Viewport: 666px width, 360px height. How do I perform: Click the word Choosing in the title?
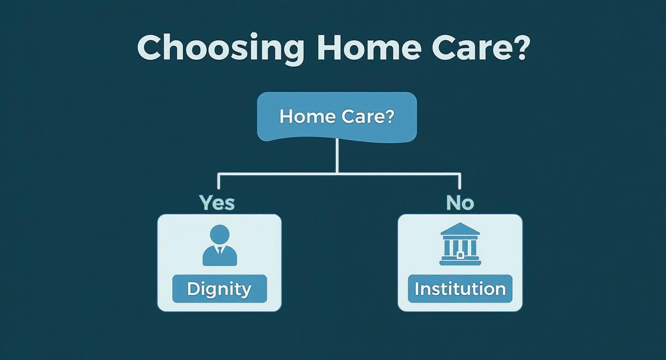tap(221, 48)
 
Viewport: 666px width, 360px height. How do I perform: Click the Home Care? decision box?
tap(337, 117)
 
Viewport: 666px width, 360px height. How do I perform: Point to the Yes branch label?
tap(217, 203)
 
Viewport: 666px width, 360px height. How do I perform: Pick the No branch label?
tap(460, 203)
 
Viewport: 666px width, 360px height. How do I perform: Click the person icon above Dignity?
tap(220, 245)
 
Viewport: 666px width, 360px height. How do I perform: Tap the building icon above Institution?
tap(460, 244)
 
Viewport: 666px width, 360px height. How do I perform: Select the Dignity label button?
tap(219, 289)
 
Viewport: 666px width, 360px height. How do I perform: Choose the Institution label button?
tap(460, 289)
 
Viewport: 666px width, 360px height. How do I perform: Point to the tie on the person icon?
tap(220, 250)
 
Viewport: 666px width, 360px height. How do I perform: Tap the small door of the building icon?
tap(460, 255)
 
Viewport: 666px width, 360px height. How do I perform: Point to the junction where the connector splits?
tap(337, 173)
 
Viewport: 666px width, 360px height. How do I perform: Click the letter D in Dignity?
tap(193, 289)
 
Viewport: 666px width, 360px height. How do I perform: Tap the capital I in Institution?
tap(417, 289)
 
